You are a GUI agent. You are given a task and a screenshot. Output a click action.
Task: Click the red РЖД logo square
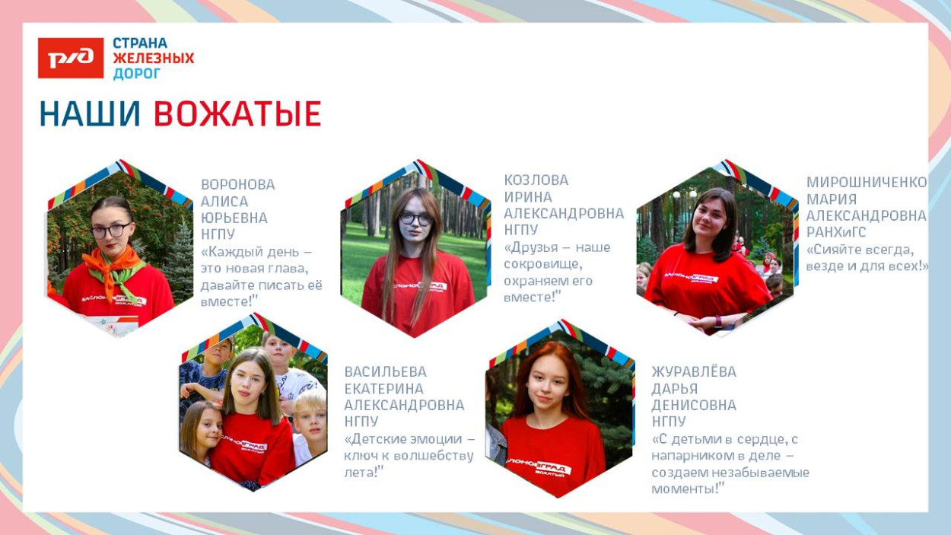click(x=71, y=58)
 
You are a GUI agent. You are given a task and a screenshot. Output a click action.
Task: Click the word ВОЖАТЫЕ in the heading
click(x=237, y=114)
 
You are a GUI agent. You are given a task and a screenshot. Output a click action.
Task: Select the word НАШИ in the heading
click(x=90, y=114)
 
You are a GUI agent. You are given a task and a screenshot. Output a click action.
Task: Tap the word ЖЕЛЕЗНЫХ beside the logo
click(x=153, y=58)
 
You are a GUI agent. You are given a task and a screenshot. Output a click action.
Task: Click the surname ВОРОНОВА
click(x=237, y=185)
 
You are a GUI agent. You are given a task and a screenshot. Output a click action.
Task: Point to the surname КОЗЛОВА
click(x=536, y=180)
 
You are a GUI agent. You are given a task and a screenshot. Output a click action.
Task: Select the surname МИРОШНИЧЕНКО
click(x=867, y=182)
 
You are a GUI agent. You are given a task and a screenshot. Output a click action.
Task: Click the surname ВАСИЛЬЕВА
click(x=386, y=372)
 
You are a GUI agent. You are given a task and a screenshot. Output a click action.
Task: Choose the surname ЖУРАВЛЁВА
click(x=694, y=372)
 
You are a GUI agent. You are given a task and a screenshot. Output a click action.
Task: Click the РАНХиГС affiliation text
click(x=836, y=232)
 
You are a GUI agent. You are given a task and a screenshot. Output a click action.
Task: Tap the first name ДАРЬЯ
click(x=675, y=389)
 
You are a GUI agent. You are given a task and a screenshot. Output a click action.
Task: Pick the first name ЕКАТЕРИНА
click(x=383, y=389)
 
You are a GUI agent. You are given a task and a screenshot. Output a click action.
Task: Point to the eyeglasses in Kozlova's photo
click(x=415, y=219)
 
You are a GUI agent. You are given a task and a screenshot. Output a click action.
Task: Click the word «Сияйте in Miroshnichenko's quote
click(x=833, y=250)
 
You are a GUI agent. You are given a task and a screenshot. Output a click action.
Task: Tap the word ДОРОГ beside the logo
click(x=137, y=74)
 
